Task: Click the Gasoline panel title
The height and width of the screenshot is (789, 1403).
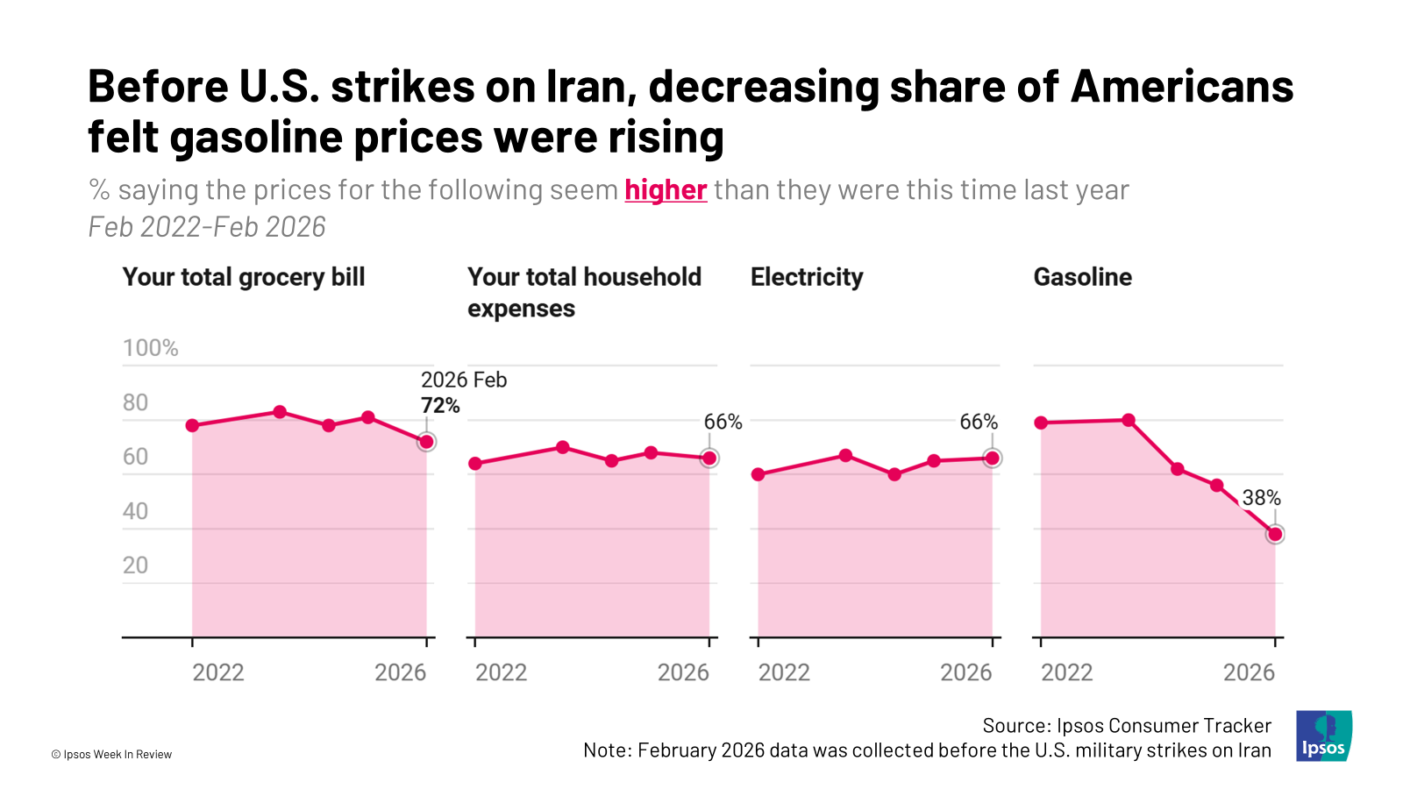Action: [x=1082, y=277]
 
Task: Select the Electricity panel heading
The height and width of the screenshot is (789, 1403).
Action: [x=807, y=277]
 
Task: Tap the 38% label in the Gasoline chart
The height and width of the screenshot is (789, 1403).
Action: [x=1261, y=498]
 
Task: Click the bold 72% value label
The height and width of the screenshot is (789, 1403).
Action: [x=440, y=405]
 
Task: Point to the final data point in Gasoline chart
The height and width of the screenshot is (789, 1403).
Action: [x=1275, y=534]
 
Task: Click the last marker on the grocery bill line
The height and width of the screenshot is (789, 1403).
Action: [x=426, y=442]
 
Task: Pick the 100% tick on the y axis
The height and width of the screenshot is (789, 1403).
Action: [x=150, y=348]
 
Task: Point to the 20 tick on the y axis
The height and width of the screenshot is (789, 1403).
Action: [x=135, y=565]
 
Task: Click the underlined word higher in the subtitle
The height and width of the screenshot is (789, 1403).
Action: [x=666, y=190]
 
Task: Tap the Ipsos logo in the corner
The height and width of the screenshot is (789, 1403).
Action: [x=1323, y=736]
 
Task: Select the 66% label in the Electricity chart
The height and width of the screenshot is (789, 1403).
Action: [x=979, y=422]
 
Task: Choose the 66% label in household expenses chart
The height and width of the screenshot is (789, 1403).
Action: [x=723, y=422]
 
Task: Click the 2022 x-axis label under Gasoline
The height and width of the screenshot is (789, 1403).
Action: [x=1066, y=672]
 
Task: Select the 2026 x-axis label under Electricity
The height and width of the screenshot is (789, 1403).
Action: [x=965, y=672]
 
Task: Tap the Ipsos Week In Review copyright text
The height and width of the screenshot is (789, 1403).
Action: [x=111, y=754]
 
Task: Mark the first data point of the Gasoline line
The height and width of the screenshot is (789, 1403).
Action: [x=1041, y=423]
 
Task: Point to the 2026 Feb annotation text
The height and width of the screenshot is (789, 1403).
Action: [x=464, y=380]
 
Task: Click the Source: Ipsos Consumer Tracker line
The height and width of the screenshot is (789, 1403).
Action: [x=1126, y=726]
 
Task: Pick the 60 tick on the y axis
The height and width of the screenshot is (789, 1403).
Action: [x=135, y=457]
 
